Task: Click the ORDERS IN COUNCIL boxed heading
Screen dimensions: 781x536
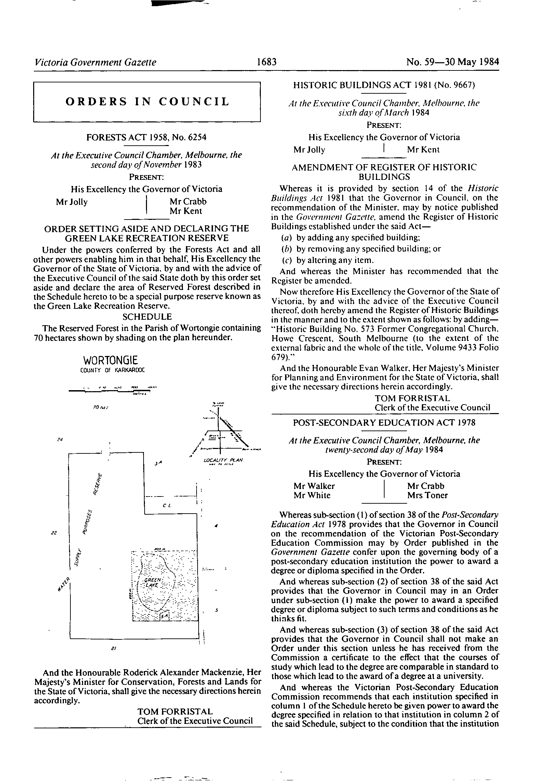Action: pos(147,102)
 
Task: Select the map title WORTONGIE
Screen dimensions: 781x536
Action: pos(110,360)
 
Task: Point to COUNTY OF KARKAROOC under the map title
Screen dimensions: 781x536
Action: pos(112,370)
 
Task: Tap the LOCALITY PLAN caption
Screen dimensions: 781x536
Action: pos(223,460)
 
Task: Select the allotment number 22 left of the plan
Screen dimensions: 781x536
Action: pos(54,533)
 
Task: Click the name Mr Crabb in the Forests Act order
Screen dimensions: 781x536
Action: pos(188,201)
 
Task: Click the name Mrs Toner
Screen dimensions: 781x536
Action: pos(427,495)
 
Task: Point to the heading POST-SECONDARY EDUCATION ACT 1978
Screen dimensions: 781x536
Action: pos(384,423)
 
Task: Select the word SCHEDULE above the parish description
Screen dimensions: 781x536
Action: pos(147,317)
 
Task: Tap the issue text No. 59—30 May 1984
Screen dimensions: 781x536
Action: pos(453,62)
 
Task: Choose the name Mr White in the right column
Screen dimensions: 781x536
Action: pos(312,495)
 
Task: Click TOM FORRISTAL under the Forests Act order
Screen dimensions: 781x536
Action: pos(175,711)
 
